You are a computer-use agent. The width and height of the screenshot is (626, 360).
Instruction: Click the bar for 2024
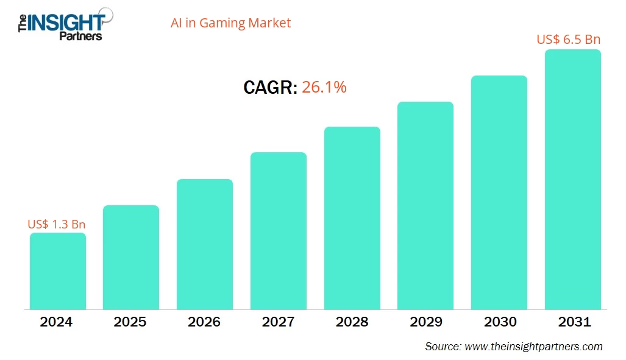58,271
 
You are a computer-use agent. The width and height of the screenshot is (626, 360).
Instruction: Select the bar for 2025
131,257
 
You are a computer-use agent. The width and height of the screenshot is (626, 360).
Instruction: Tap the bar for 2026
205,244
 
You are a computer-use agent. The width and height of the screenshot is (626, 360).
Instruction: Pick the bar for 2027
279,231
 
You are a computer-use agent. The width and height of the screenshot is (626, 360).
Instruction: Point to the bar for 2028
352,218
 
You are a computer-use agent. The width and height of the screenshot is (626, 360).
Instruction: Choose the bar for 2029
425,205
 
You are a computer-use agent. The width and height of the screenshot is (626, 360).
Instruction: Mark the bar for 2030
499,192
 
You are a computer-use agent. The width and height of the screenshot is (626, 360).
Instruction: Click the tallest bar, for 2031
573,180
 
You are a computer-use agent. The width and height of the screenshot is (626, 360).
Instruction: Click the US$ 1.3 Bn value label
57,224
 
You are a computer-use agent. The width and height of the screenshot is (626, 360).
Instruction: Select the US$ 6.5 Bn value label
569,40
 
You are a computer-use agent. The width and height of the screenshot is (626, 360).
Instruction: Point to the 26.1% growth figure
324,87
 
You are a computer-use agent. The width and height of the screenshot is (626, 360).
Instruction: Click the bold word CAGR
270,88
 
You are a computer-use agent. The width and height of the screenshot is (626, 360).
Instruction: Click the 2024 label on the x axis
56,322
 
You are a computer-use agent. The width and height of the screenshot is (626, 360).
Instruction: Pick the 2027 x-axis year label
279,322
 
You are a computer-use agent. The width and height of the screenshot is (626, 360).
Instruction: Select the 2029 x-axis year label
425,322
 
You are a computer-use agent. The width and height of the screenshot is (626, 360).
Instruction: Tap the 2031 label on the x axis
573,322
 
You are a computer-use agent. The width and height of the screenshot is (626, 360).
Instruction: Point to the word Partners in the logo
80,36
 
